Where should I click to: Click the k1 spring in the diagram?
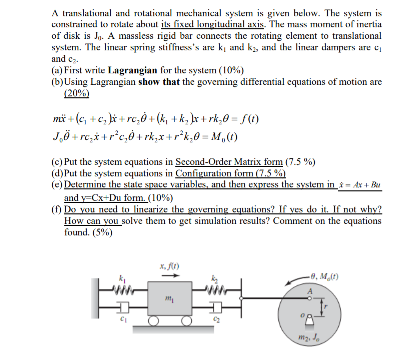point(122,288)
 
